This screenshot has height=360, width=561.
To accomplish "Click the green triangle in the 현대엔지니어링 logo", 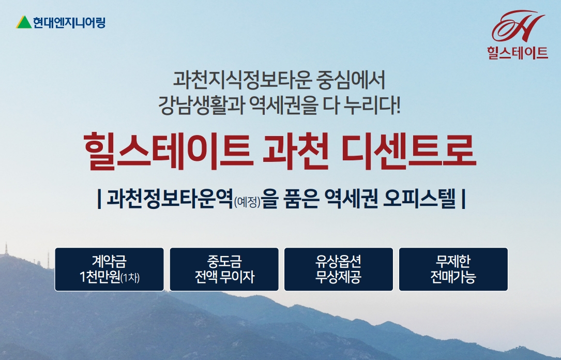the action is tap(24, 22).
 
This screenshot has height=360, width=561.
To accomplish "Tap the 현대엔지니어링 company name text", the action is tap(69, 23).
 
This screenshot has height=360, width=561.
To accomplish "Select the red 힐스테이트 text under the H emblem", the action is tap(518, 53).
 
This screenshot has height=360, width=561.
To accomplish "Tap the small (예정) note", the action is tap(247, 202).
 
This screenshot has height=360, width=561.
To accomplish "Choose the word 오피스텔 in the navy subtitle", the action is tap(419, 198).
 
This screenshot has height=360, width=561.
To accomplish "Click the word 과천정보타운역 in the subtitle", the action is tap(170, 198).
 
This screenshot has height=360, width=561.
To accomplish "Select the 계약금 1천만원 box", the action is tap(109, 269).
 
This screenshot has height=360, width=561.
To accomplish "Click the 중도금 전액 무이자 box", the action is tap(224, 269).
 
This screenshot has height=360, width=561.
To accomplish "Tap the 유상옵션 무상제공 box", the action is tap(339, 269).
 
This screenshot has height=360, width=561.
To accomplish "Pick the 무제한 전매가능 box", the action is tap(453, 269).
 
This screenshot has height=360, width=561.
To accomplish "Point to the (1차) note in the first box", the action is tap(130, 278).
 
